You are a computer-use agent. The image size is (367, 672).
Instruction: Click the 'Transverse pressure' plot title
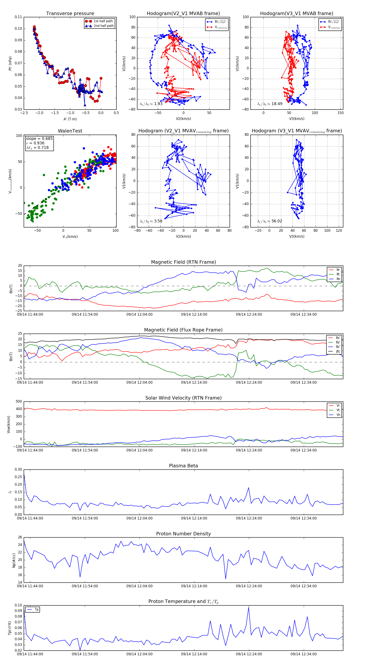(x=70, y=14)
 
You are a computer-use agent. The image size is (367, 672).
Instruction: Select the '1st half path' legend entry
(x=103, y=21)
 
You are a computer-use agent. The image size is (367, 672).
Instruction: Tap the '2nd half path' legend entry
(x=103, y=26)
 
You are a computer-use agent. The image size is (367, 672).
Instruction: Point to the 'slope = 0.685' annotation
(x=39, y=138)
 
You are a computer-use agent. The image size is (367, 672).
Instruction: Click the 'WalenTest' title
(x=70, y=131)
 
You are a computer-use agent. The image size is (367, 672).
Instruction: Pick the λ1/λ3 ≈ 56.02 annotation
(x=270, y=221)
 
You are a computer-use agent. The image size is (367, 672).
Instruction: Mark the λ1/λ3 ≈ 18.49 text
(x=270, y=104)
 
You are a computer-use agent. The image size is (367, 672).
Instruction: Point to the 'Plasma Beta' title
(x=183, y=466)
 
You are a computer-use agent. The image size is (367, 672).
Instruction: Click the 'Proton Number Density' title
(x=183, y=534)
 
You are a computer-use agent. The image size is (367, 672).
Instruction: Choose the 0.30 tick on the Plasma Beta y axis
(x=18, y=470)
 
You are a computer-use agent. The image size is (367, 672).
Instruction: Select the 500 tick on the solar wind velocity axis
(x=19, y=402)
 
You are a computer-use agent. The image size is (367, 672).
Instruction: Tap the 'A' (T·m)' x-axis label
(x=70, y=119)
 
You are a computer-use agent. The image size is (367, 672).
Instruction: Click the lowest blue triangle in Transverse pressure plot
(x=85, y=105)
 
